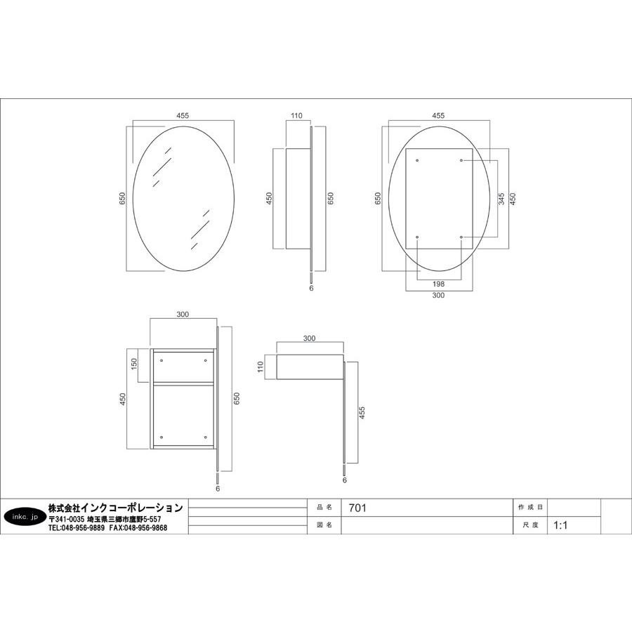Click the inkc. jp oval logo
(x=25, y=517)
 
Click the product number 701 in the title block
(x=357, y=508)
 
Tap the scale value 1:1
(x=560, y=525)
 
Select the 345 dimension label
(x=501, y=199)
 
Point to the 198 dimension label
(x=438, y=284)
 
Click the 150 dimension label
(x=134, y=364)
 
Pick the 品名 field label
(x=324, y=508)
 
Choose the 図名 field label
(x=324, y=525)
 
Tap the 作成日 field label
(x=530, y=508)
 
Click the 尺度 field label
(x=530, y=525)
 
